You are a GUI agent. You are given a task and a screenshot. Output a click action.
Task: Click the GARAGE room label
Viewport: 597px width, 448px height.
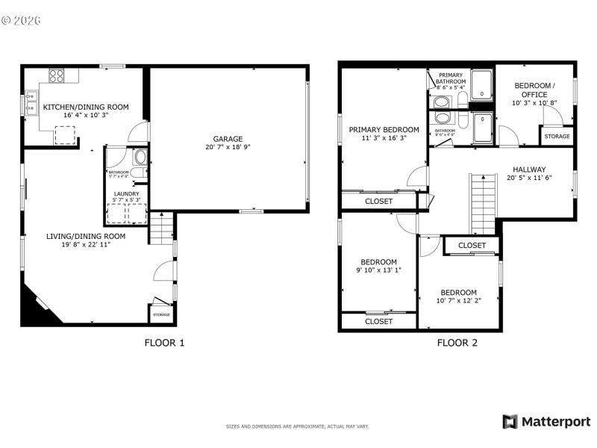228,138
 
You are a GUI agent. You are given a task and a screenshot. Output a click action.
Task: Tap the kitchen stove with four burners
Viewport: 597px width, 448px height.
57,75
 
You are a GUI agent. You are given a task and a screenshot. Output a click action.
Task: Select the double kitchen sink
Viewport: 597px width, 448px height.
31,102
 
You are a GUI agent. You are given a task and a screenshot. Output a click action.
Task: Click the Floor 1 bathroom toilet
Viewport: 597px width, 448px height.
140,158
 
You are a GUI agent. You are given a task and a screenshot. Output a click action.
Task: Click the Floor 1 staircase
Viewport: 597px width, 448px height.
160,228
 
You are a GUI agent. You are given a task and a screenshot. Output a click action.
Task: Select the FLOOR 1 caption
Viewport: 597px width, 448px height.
163,343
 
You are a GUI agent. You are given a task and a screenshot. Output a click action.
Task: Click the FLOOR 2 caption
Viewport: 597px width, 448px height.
457,343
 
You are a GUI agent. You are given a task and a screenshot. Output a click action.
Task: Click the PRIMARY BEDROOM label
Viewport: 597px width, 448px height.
384,129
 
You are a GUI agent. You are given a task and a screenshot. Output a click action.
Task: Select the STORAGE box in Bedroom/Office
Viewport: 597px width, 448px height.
557,137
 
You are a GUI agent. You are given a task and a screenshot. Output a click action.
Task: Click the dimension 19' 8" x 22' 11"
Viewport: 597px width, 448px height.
86,245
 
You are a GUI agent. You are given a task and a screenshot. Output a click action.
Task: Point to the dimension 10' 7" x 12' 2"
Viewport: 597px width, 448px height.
457,301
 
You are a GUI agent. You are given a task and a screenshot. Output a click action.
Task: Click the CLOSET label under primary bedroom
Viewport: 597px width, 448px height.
378,202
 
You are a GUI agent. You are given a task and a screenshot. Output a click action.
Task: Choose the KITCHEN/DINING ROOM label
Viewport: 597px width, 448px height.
85,107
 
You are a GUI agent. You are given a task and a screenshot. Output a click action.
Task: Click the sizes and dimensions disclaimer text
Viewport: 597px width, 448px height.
297,426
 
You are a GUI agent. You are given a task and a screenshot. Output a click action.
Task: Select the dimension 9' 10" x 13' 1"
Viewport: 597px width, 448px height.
378,270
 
